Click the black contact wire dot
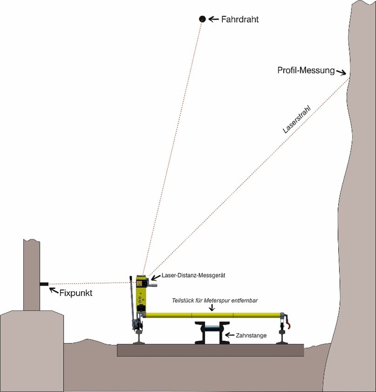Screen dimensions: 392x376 [x=202, y=19]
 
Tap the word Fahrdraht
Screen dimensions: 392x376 [x=240, y=19]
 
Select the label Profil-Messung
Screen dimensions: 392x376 [x=306, y=70]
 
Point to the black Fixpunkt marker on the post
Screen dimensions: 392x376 [x=43, y=284]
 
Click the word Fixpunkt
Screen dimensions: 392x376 [x=76, y=292]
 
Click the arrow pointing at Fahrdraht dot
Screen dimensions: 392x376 [x=214, y=19]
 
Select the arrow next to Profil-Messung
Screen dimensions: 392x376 [x=342, y=72]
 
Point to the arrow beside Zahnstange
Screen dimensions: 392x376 [x=229, y=335]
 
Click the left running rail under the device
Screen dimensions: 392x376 [x=140, y=338]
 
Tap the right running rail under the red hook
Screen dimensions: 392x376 [x=283, y=338]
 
